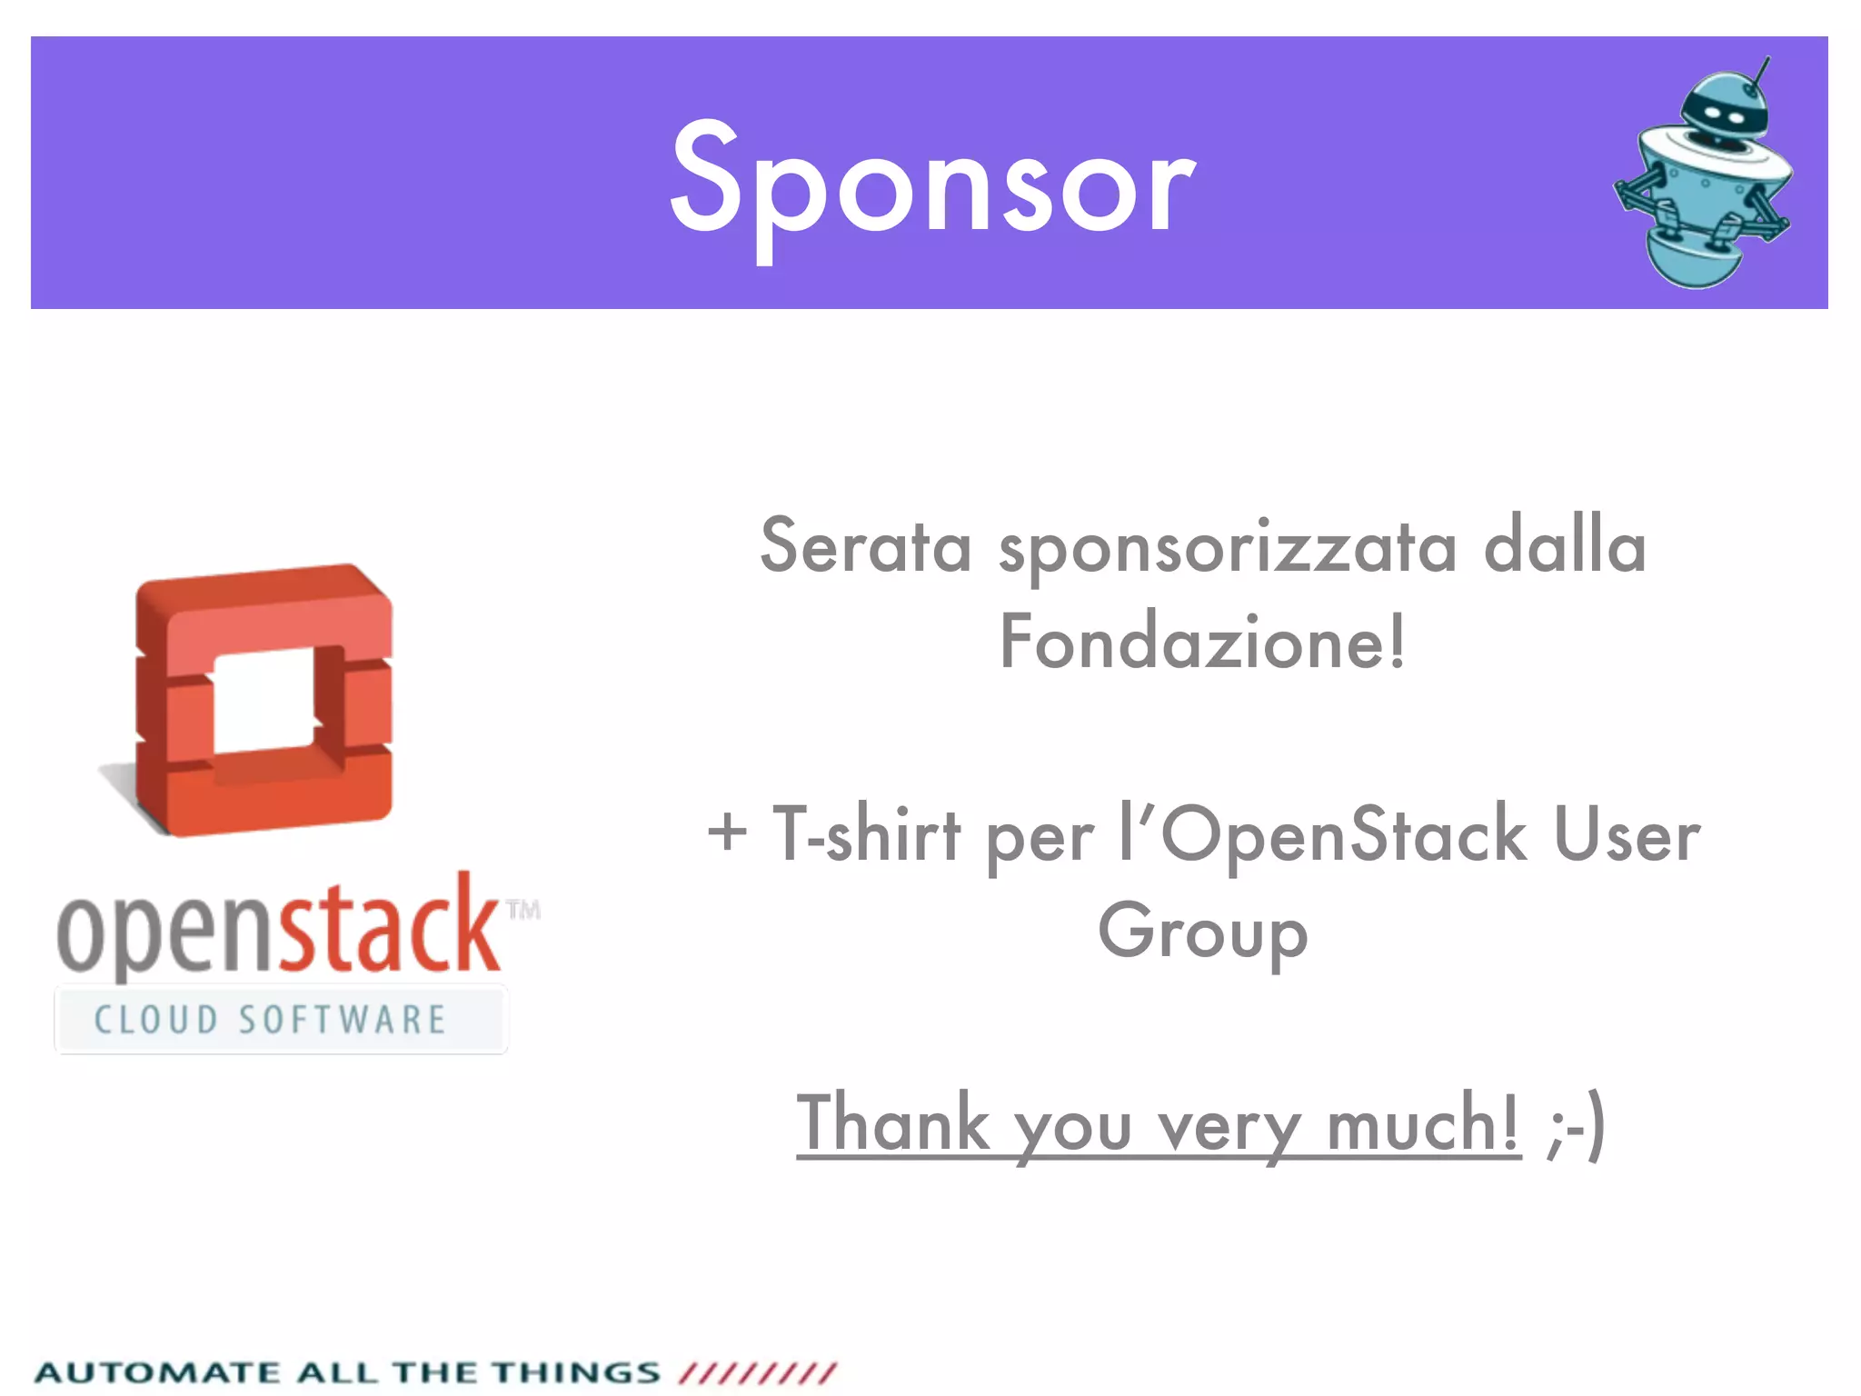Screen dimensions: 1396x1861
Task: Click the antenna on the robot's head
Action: click(x=1760, y=73)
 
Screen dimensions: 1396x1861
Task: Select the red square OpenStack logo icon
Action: click(x=264, y=699)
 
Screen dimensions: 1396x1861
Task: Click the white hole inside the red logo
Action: click(x=265, y=701)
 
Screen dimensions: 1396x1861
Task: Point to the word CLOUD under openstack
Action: click(x=156, y=1020)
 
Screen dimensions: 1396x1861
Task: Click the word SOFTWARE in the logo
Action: click(x=343, y=1020)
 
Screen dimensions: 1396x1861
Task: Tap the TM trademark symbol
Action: click(x=523, y=910)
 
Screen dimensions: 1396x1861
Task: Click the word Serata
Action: click(x=865, y=546)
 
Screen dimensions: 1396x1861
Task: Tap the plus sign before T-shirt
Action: click(x=727, y=833)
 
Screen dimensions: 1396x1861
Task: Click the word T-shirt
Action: click(x=867, y=833)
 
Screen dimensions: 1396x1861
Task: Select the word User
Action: click(x=1627, y=833)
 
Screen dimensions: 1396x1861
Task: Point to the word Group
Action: click(x=1203, y=932)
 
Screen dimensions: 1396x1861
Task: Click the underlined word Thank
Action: click(x=892, y=1123)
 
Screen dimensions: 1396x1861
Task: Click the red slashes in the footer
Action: click(x=757, y=1372)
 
